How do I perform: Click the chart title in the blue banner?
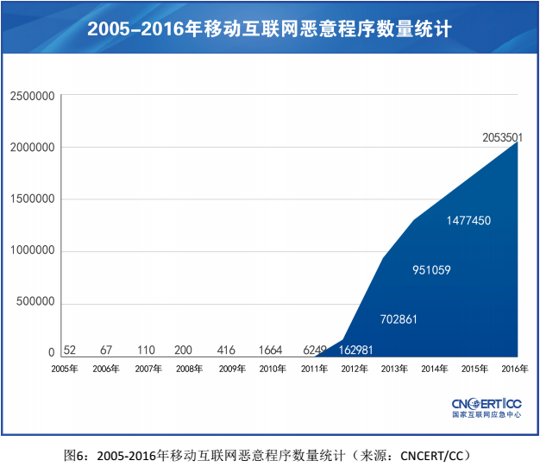click(270, 29)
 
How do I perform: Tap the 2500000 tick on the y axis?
click(33, 96)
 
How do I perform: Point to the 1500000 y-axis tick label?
click(33, 199)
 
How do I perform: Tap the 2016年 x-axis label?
click(514, 369)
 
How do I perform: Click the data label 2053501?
click(503, 137)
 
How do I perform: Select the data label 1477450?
click(468, 221)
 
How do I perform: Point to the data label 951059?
click(431, 270)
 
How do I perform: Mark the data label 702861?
click(399, 319)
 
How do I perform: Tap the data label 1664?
click(271, 350)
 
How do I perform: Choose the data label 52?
click(70, 350)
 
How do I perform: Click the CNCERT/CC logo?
click(487, 407)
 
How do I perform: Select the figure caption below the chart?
click(270, 453)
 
